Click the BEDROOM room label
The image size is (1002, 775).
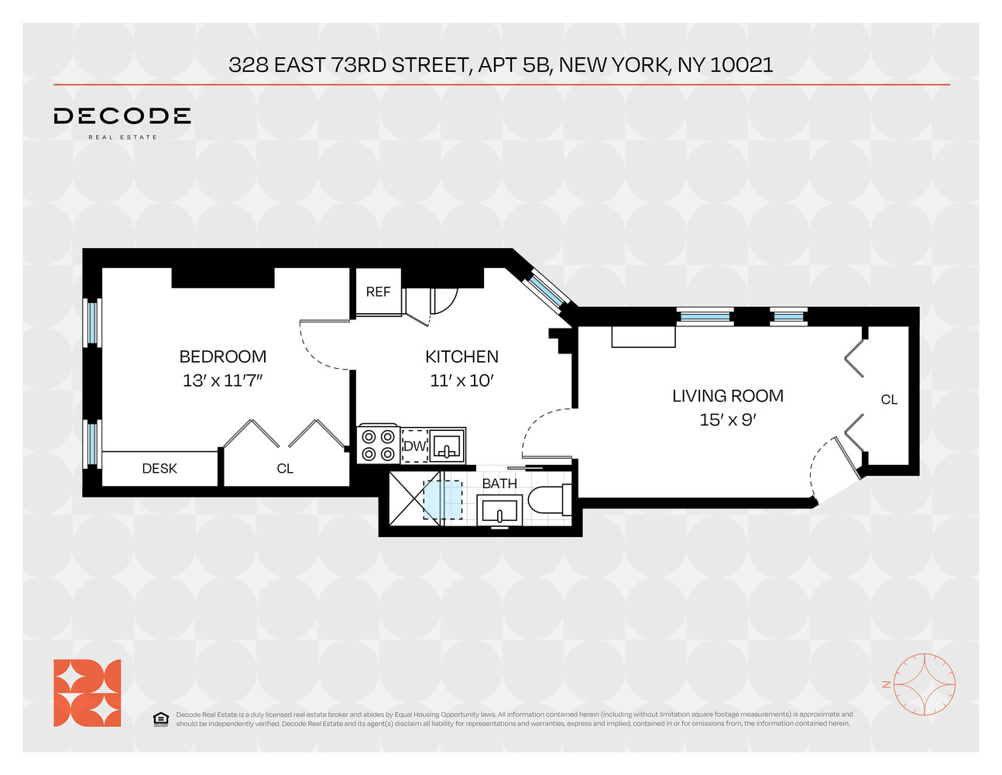tap(222, 356)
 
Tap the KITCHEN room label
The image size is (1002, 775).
tap(462, 356)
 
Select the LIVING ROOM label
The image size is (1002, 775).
tap(727, 396)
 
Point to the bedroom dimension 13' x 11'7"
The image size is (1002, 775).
tap(222, 381)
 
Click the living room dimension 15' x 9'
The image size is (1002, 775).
tap(727, 419)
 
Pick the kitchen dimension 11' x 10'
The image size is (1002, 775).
tap(462, 381)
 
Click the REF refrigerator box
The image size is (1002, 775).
tap(378, 291)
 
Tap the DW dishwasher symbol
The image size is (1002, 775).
tap(415, 446)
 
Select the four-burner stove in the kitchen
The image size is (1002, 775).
tap(378, 445)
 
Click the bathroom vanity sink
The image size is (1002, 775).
tap(499, 511)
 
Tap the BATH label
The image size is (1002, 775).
tap(499, 484)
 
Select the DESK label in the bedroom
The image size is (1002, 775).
tap(160, 469)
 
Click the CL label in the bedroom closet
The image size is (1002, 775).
tap(285, 469)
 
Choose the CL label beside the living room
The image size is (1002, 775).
tap(889, 400)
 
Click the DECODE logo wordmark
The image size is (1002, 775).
tap(122, 117)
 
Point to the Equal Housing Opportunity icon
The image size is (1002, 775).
tap(160, 719)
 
